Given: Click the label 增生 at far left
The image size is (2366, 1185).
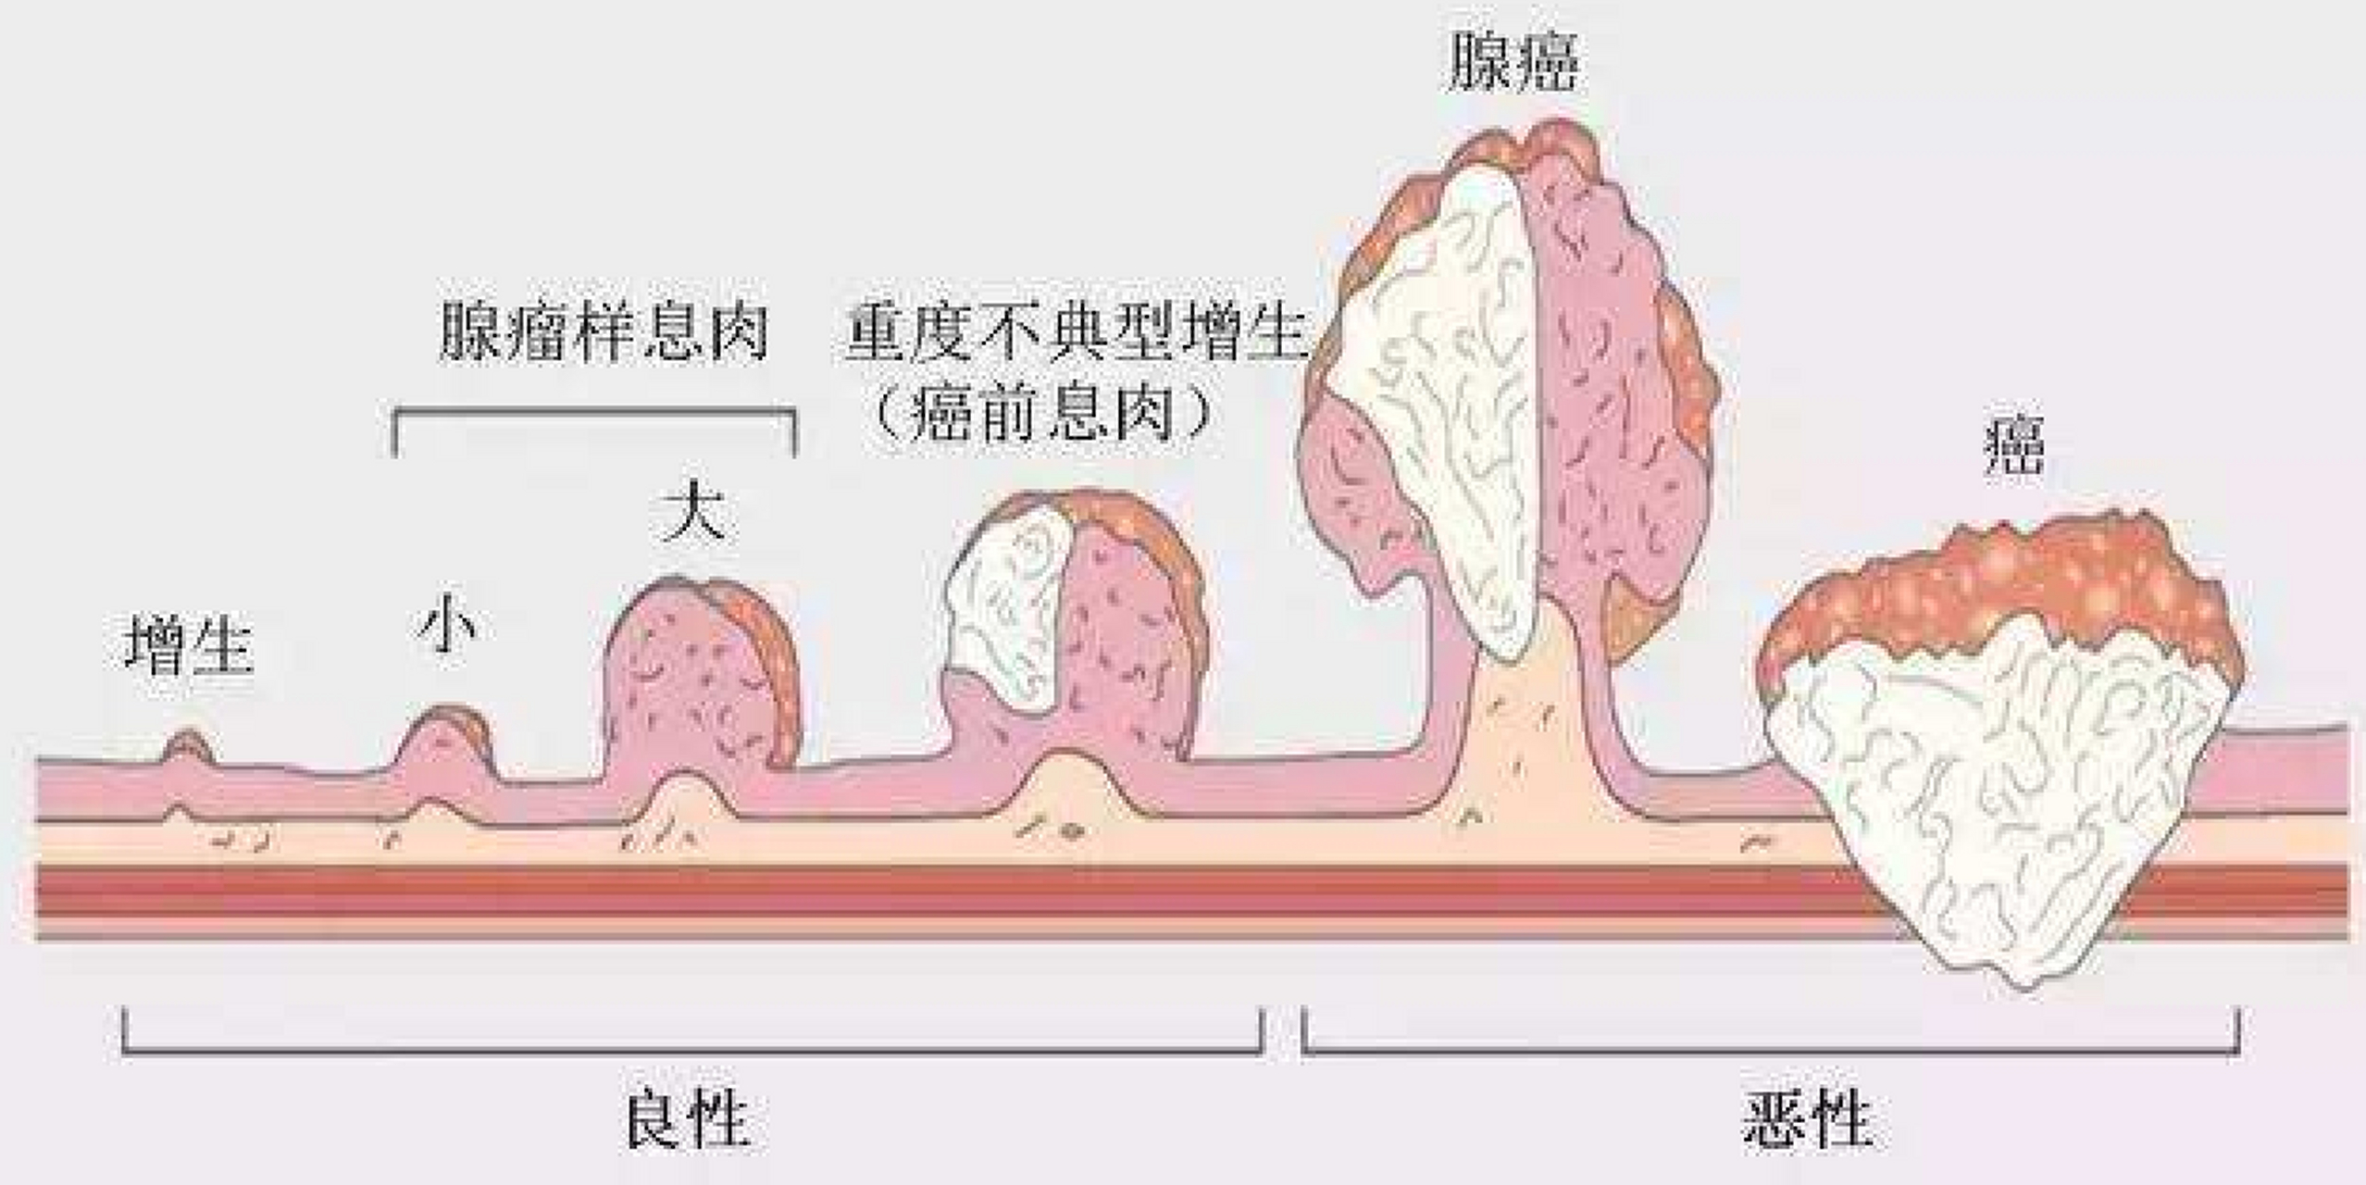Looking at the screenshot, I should coord(188,644).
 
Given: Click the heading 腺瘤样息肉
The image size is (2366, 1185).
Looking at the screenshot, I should coord(603,331).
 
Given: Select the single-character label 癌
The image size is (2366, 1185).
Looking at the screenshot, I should coord(2013,446).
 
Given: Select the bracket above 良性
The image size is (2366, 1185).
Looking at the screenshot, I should coord(692,1051).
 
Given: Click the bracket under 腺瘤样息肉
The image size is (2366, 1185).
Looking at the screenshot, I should coord(594,413).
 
